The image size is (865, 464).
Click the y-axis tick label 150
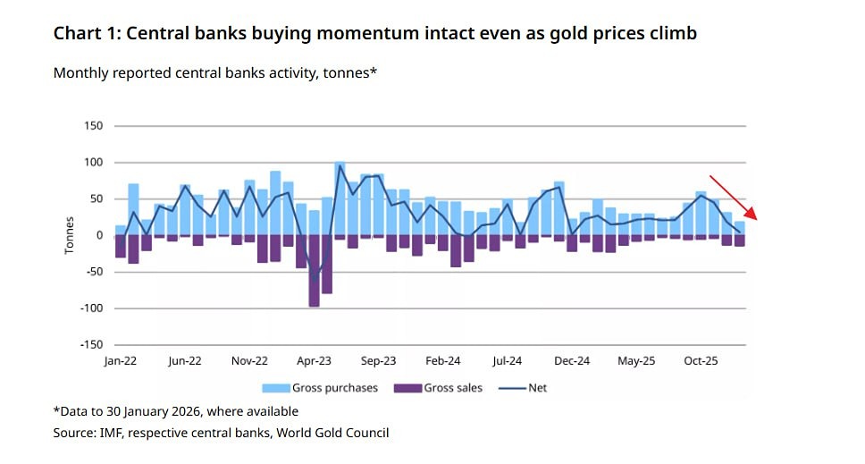(x=94, y=126)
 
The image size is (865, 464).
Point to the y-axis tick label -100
(x=91, y=308)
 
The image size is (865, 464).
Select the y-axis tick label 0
(x=100, y=235)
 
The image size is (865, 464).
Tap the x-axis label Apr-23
(x=314, y=361)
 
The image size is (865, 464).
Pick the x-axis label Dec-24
(x=572, y=361)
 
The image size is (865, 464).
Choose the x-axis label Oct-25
(x=701, y=361)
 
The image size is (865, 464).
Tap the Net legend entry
(x=537, y=388)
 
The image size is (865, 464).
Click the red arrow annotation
(x=733, y=197)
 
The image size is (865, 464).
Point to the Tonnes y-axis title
(x=70, y=235)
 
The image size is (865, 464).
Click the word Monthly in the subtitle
(x=81, y=73)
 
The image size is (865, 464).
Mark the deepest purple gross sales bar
(x=315, y=272)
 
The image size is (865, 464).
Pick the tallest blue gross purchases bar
(x=340, y=198)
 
